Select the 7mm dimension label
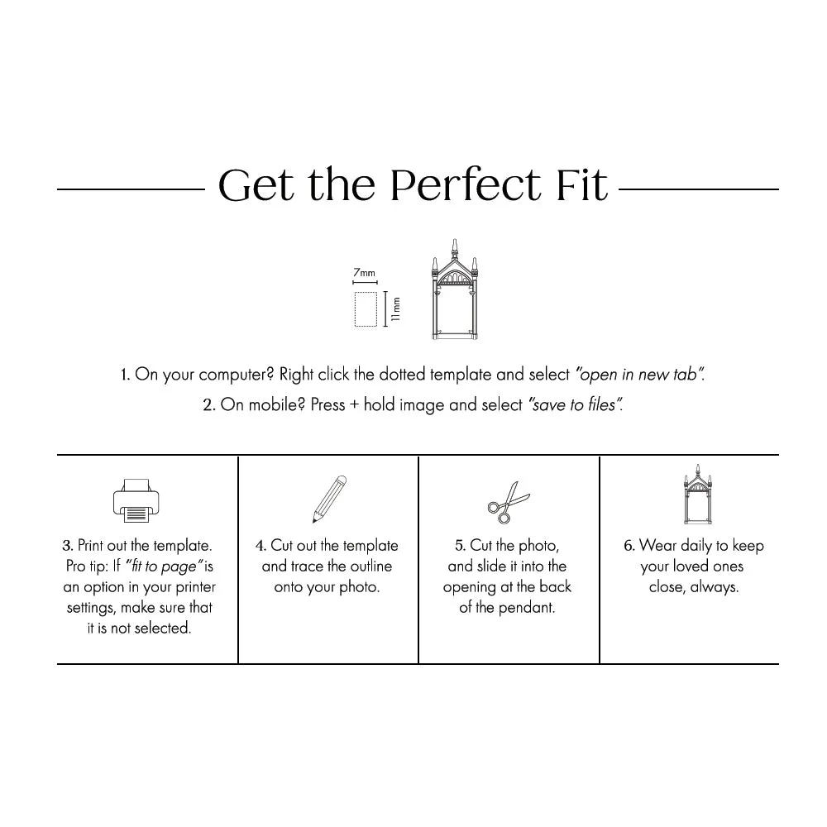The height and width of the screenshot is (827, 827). point(364,272)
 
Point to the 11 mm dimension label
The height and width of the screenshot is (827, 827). point(396,309)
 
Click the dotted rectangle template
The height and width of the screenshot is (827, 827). point(366,308)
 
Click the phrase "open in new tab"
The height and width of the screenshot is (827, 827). point(638,375)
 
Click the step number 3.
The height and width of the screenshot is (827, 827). point(67,546)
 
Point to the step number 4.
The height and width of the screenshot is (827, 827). point(261,546)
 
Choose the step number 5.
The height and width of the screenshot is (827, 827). point(460,546)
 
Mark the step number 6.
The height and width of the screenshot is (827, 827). point(629,546)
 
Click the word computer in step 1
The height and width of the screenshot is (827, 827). point(230,375)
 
